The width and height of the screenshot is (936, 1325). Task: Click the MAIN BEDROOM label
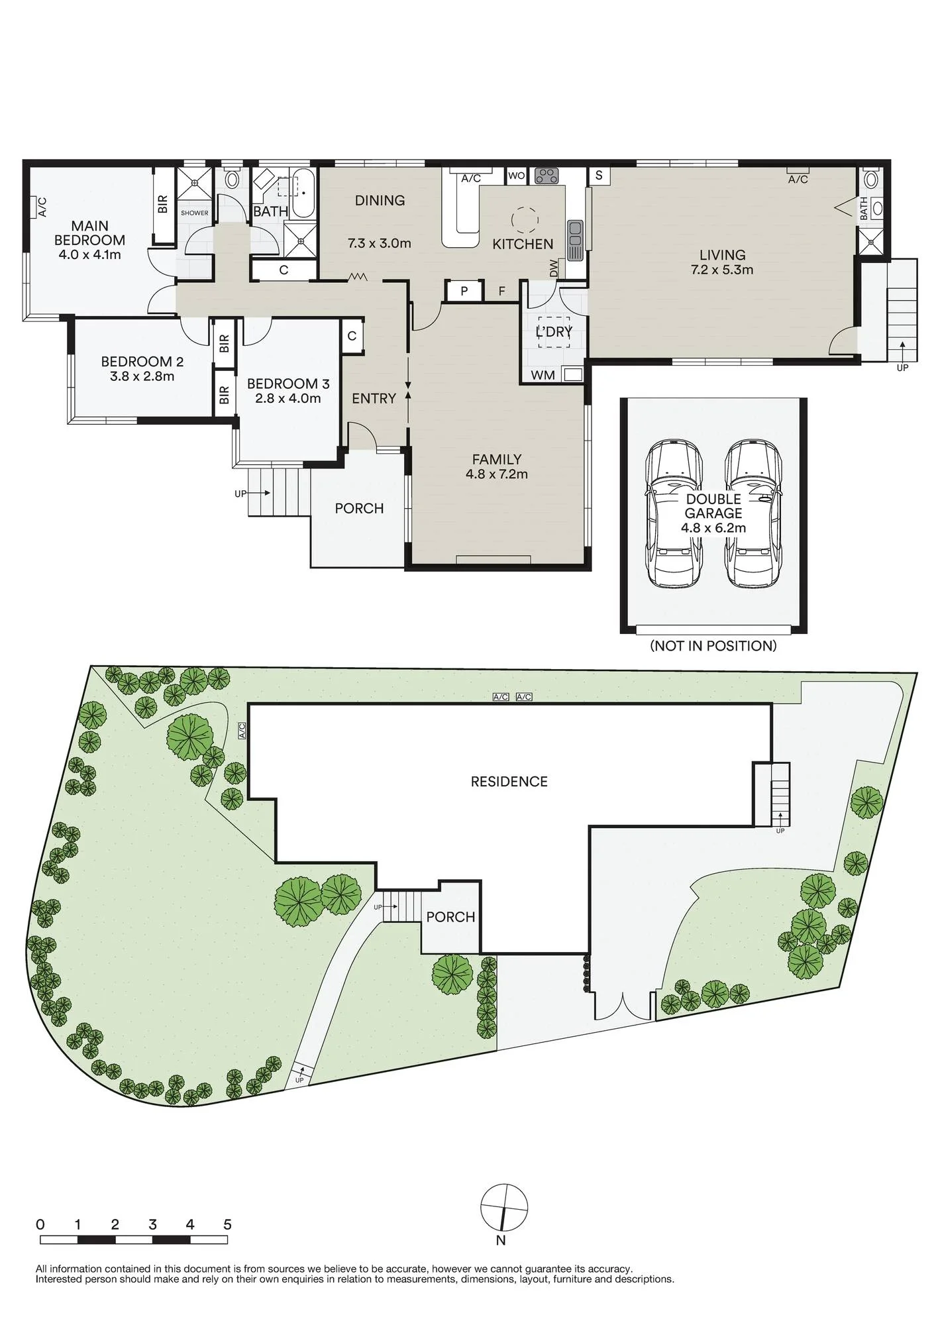coord(89,233)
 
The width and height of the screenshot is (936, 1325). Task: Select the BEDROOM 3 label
coord(288,384)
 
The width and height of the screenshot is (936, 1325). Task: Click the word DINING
coord(380,200)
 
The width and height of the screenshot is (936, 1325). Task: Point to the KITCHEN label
coord(523,244)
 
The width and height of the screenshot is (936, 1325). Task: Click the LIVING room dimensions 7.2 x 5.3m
coord(722,270)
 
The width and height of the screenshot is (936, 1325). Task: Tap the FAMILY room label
coord(497,459)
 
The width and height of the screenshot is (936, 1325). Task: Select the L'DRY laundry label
coord(554,331)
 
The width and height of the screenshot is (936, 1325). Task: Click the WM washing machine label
coord(543,375)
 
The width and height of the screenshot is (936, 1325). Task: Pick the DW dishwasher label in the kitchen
coord(554,268)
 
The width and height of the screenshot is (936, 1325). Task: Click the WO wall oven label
coord(517,176)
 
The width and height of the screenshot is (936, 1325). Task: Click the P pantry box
coord(464,291)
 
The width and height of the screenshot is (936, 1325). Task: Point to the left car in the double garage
coord(673,513)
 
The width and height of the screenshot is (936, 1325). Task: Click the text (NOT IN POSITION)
coord(713,645)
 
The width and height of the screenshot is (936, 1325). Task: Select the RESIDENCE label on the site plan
coord(509,782)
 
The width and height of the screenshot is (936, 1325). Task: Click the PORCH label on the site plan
coord(450,917)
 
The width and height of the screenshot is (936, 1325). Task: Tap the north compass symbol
coord(504,1206)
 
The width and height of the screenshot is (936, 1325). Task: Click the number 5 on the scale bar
coord(227,1224)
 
